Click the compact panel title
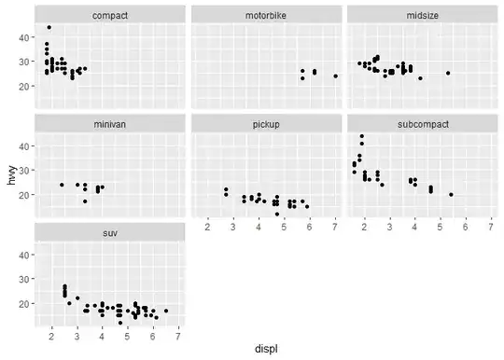110,16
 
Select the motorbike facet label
266,16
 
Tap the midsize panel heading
423,16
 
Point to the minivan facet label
110,124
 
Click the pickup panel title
266,125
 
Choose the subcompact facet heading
423,125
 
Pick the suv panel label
110,233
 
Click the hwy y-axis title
11,175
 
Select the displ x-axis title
266,349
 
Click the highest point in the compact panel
49,27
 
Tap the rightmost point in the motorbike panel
336,76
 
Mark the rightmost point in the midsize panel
448,73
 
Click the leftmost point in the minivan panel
62,185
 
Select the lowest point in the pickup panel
277,214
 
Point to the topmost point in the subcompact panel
362,136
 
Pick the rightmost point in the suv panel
166,311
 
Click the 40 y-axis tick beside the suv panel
23,255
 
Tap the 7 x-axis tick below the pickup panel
335,227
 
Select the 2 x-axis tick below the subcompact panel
364,227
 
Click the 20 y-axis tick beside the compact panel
23,86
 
